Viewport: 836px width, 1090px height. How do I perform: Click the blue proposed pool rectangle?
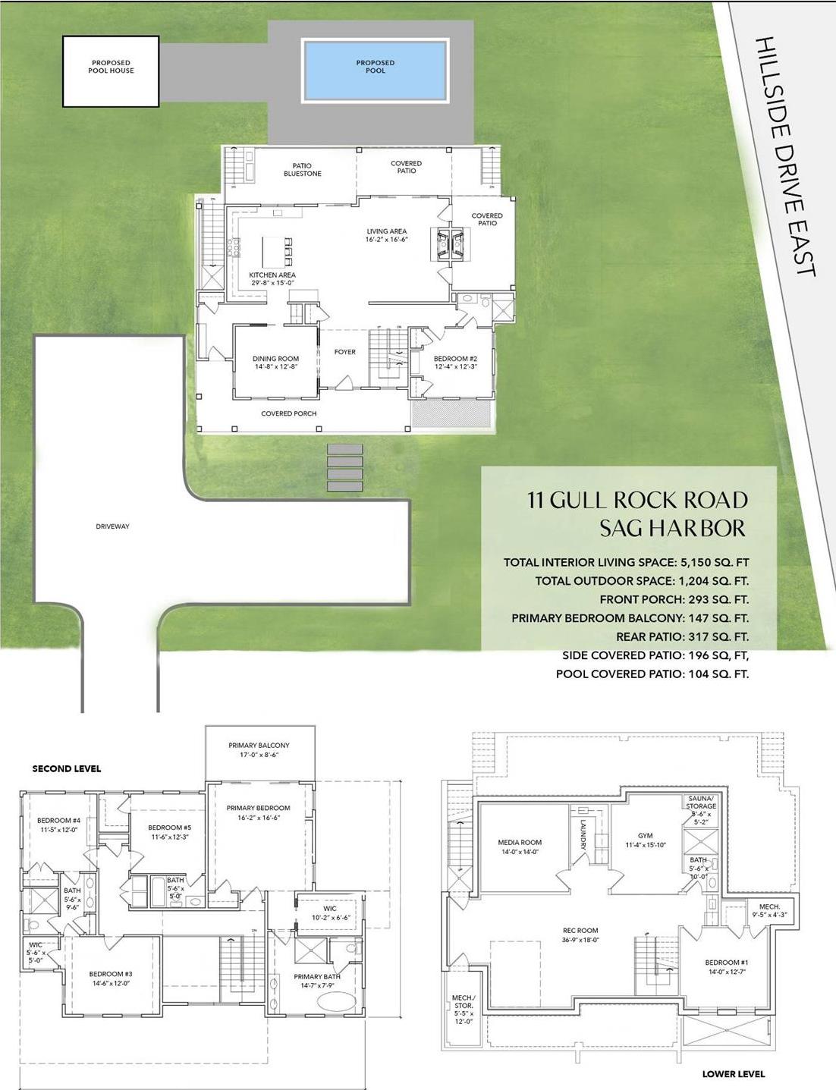(x=375, y=71)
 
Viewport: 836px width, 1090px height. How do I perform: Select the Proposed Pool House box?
(x=111, y=71)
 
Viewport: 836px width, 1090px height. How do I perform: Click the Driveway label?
(x=112, y=526)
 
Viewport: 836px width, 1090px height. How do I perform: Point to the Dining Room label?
(x=275, y=359)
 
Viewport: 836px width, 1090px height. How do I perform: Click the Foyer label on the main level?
(x=344, y=352)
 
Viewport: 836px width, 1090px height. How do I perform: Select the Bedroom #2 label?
(x=455, y=359)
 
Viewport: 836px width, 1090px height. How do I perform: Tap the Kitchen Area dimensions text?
(x=273, y=283)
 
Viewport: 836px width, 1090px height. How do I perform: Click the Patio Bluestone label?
(x=302, y=170)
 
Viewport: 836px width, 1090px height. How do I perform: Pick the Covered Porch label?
(x=288, y=413)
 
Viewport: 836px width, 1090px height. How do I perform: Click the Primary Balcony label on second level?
(x=259, y=746)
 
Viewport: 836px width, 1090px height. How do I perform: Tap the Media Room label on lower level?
(x=520, y=843)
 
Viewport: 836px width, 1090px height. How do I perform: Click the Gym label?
(x=646, y=835)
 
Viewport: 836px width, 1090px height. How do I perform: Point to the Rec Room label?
(x=580, y=930)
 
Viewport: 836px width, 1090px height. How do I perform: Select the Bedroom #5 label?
(x=169, y=828)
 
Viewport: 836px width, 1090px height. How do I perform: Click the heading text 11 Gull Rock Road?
(x=637, y=500)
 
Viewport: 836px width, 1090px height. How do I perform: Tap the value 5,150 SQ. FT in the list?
(x=711, y=563)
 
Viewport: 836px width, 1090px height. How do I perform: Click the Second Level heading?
(x=66, y=768)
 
